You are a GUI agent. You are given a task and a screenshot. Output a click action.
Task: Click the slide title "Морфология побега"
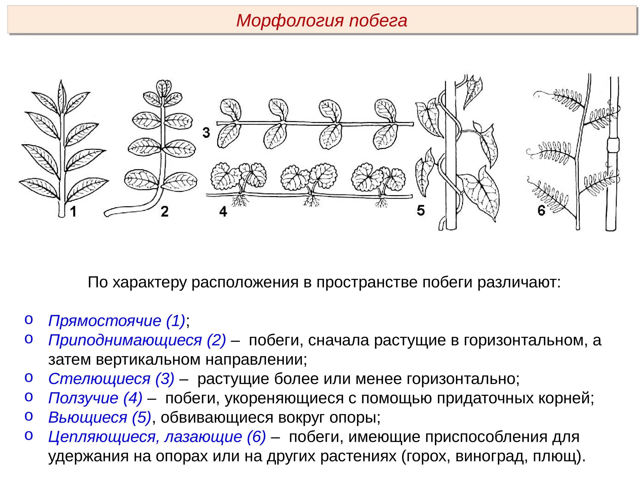point(322,21)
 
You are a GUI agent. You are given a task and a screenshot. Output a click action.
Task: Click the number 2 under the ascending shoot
point(164,211)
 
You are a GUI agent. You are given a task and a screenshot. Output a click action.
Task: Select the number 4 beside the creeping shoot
point(223,211)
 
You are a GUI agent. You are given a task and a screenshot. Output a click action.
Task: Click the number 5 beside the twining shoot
point(421,210)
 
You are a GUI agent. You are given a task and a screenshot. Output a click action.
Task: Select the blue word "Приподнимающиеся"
point(125,340)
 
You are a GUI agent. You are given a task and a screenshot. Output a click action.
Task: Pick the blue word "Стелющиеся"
point(99,379)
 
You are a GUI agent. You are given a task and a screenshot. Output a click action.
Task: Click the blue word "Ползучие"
point(83,398)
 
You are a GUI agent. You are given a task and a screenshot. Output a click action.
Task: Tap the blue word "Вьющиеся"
point(88,418)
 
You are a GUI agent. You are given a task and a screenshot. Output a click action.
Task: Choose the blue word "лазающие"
point(203,437)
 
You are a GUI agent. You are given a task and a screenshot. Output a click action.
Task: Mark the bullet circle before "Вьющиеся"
point(29,416)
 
